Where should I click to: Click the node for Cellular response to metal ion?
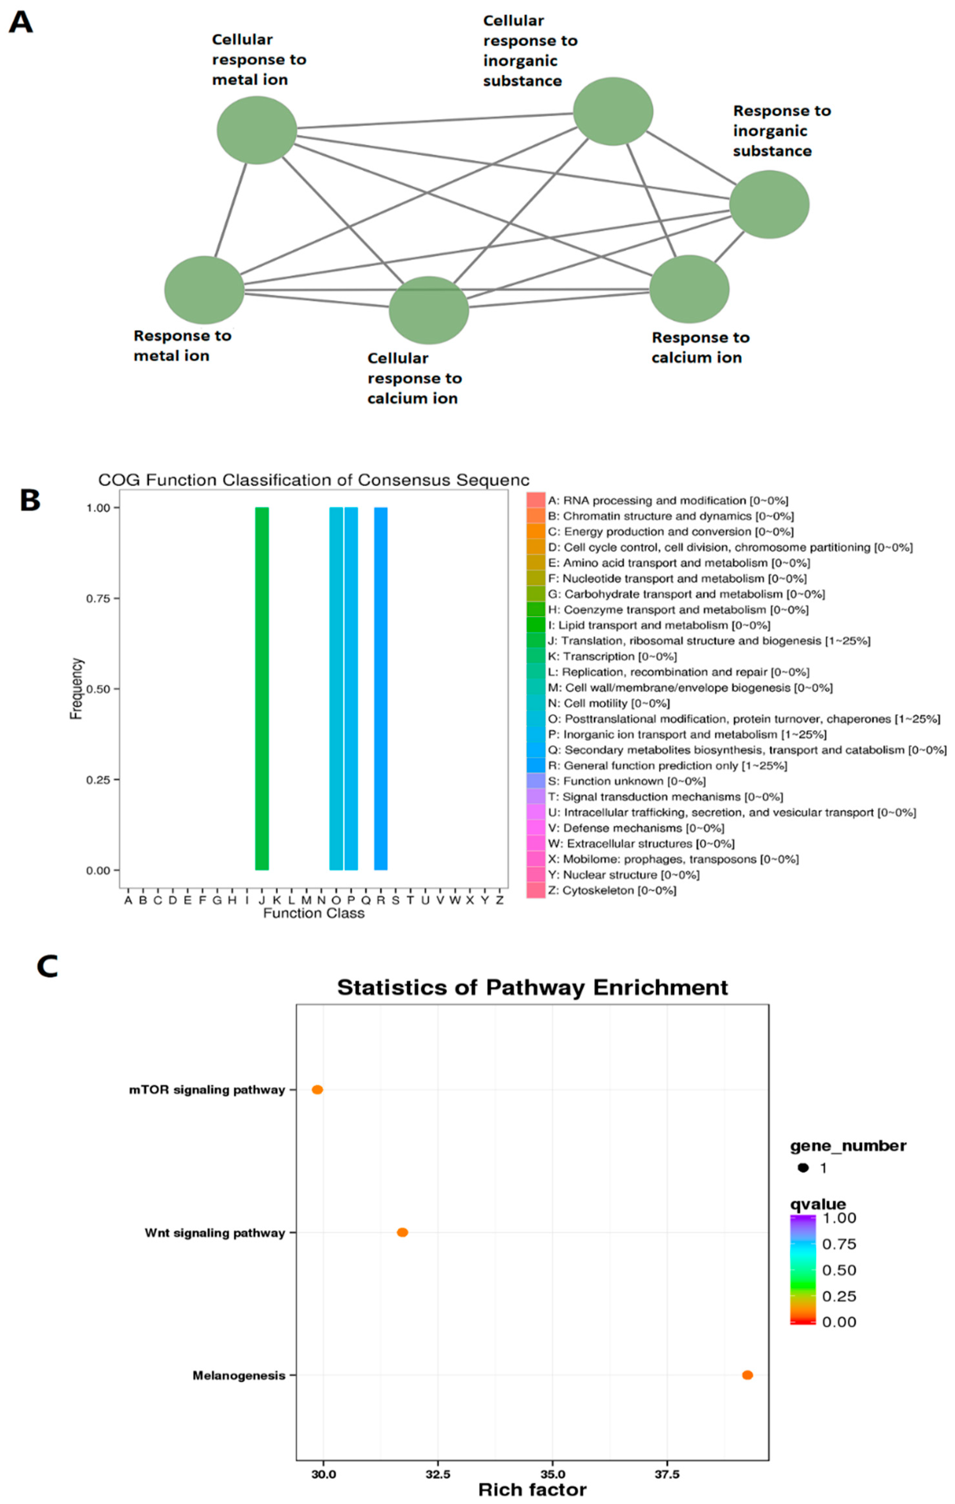coord(256,130)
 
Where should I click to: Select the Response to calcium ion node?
coord(689,289)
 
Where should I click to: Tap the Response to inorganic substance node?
coord(769,204)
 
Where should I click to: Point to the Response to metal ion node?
coord(204,290)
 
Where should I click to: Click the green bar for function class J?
coord(262,688)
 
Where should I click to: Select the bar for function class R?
coord(381,688)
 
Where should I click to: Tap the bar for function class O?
coord(336,688)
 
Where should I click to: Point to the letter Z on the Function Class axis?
coord(499,900)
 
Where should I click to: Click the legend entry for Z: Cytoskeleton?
coord(612,891)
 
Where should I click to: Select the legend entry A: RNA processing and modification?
coord(667,500)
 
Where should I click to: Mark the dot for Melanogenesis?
coord(747,1375)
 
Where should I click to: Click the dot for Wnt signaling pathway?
coord(403,1232)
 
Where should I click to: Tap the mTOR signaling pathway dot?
coord(317,1090)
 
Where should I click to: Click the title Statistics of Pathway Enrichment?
coord(532,988)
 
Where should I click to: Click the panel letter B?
coord(30,500)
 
